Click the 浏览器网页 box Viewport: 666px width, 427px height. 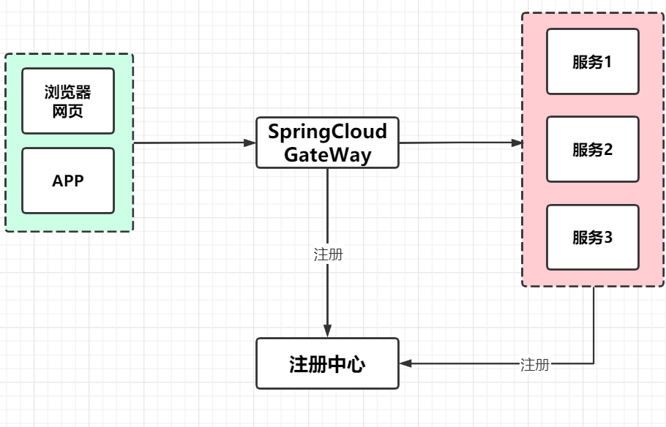tap(68, 101)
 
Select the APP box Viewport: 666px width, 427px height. tap(68, 181)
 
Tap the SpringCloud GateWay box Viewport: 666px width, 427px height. tap(327, 143)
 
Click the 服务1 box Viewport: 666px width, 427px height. tap(593, 61)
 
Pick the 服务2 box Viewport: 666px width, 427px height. tap(593, 149)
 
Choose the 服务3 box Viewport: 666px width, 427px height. tap(593, 237)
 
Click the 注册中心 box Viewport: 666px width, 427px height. tap(327, 363)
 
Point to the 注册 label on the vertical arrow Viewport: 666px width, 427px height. tap(328, 254)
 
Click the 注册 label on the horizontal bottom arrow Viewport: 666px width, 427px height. tap(534, 364)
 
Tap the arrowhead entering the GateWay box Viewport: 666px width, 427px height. tap(250, 143)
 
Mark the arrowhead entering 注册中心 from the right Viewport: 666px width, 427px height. tap(405, 363)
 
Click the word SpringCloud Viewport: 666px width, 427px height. tap(327, 132)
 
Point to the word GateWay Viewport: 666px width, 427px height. tap(327, 155)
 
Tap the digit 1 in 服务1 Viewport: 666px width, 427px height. tap(607, 61)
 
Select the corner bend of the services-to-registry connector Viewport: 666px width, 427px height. tap(593, 363)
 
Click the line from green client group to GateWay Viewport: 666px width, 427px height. tap(190, 143)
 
